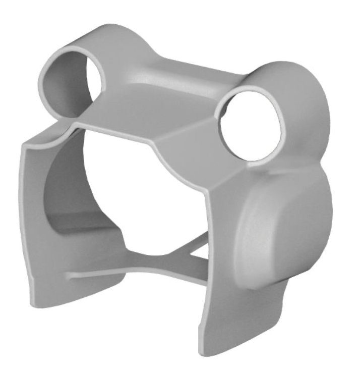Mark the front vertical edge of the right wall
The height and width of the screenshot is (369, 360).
[x=207, y=252]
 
